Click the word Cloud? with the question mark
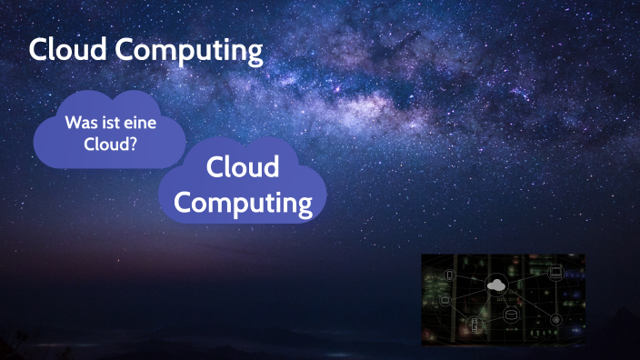point(110,144)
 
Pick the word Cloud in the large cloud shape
point(242,167)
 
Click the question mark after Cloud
point(133,144)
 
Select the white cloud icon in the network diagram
point(496,285)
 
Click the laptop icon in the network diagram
point(555,272)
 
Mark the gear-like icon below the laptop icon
point(555,318)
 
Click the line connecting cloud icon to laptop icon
point(527,278)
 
